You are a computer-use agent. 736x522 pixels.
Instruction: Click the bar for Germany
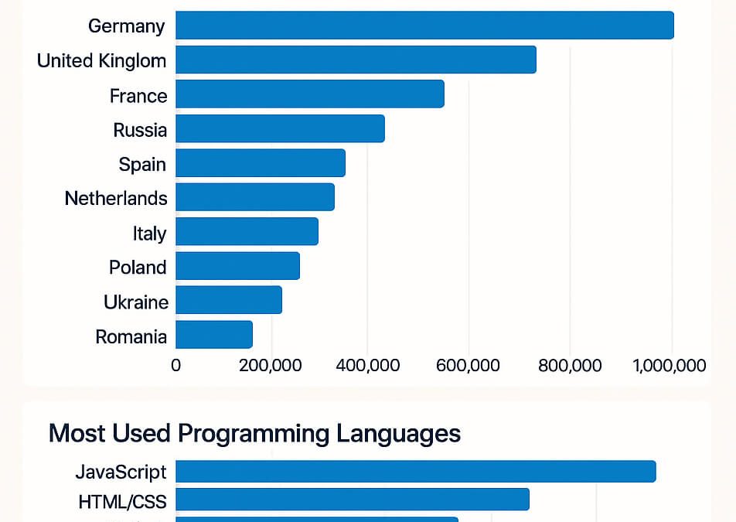point(424,26)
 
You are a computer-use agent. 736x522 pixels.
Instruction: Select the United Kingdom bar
point(356,60)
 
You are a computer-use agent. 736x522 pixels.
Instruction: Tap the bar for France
point(310,94)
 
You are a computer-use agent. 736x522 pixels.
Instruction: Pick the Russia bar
point(280,128)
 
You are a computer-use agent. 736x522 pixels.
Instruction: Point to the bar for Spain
point(261,163)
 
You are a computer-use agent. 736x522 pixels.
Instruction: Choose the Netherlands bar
point(255,197)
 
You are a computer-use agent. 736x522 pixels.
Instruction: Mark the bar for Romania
point(214,335)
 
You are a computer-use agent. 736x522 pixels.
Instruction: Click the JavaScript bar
point(416,472)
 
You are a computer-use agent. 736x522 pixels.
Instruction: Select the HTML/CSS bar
point(353,500)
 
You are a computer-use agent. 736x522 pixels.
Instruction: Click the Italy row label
point(149,232)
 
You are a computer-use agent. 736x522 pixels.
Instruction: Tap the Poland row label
point(138,268)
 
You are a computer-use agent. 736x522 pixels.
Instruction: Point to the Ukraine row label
point(136,302)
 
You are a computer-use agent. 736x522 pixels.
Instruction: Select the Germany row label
point(127,26)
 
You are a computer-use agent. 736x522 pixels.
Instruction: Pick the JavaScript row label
point(121,472)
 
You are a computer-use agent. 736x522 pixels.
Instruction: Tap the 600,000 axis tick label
point(468,365)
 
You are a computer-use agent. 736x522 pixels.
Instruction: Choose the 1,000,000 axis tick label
point(670,365)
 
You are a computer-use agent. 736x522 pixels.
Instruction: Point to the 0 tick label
point(176,365)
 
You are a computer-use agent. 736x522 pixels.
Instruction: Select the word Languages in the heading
point(399,433)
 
